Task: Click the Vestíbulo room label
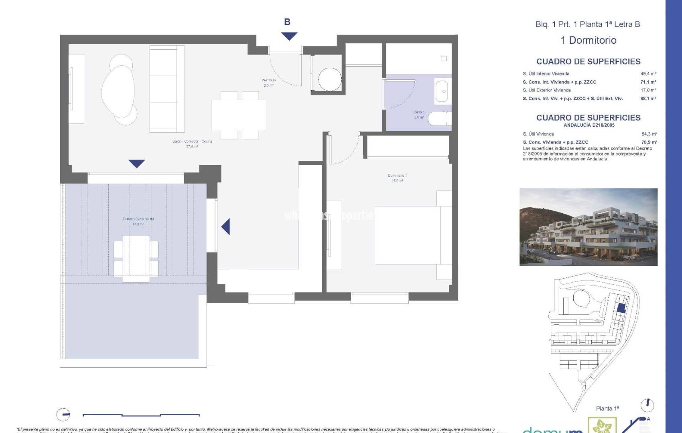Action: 268,80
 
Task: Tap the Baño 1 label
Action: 419,112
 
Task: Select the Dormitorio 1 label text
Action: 397,176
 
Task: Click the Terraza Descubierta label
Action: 138,219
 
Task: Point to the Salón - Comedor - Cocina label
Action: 192,142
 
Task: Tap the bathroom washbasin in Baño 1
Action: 443,91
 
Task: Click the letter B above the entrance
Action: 287,22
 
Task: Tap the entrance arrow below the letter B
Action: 289,36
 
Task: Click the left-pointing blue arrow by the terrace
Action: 226,227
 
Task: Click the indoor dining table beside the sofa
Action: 239,115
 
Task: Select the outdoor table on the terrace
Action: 136,257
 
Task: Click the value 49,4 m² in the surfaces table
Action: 648,74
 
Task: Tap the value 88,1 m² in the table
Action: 648,99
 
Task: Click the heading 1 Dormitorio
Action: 588,40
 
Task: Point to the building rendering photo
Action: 588,227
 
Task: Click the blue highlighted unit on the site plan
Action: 621,308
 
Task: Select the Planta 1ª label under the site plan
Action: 607,409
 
